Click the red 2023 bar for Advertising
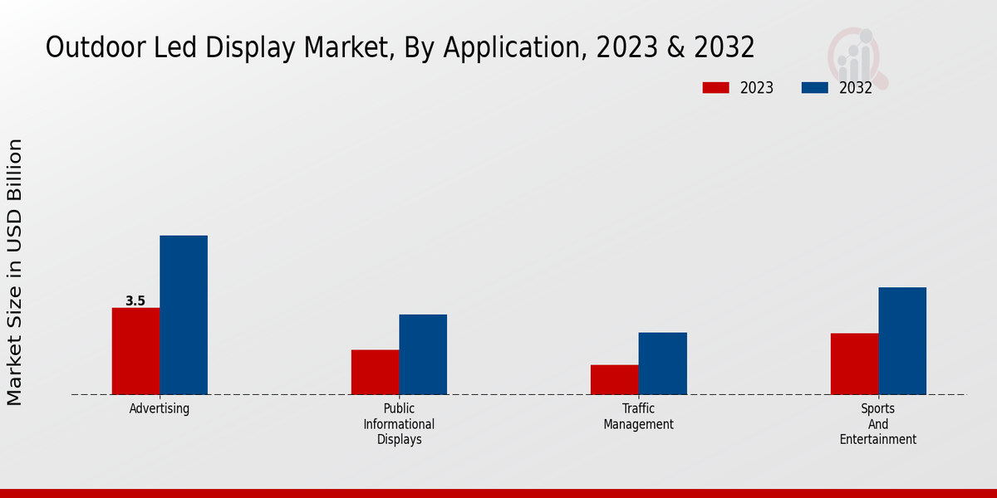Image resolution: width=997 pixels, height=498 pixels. (x=135, y=351)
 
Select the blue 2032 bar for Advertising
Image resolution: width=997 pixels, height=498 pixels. (x=184, y=315)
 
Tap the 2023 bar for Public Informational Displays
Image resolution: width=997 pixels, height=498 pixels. (x=375, y=372)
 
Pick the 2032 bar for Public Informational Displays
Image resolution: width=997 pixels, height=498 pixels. (x=423, y=354)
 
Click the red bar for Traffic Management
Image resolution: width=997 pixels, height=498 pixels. (x=614, y=379)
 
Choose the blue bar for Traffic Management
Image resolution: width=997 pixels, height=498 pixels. (x=662, y=364)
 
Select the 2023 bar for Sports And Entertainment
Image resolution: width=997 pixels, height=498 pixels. (x=854, y=364)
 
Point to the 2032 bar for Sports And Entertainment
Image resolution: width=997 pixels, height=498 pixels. (x=902, y=340)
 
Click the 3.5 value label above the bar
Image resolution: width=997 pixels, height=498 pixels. (x=135, y=301)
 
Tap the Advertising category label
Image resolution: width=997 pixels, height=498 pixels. (x=160, y=408)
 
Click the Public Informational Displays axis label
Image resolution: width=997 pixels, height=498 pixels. (x=399, y=423)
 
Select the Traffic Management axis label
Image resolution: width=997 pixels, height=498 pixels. (x=638, y=416)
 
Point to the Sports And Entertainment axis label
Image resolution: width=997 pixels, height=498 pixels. (x=878, y=423)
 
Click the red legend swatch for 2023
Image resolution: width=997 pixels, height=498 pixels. (x=715, y=88)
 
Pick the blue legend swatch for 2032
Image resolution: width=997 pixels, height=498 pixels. (x=814, y=88)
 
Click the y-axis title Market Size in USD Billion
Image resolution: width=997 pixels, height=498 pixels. (x=15, y=272)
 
